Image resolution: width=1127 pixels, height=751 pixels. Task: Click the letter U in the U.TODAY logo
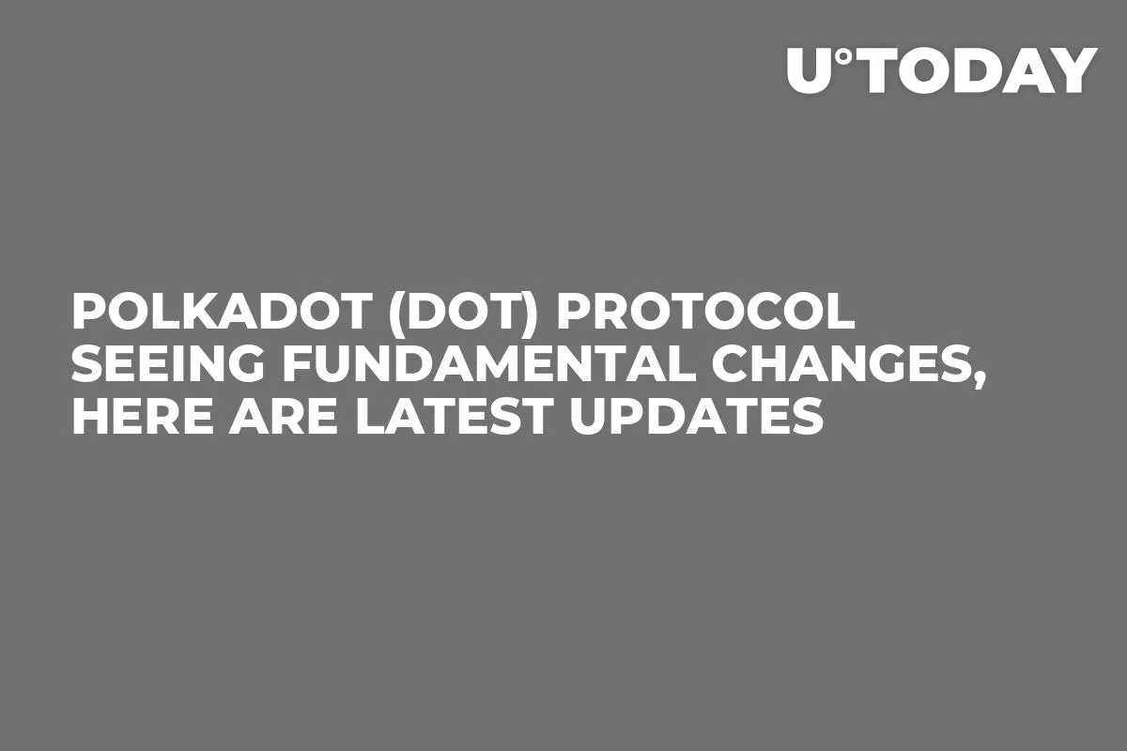(810, 70)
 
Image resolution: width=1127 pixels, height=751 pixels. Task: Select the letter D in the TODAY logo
(975, 70)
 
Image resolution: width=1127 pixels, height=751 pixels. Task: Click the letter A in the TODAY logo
(1028, 70)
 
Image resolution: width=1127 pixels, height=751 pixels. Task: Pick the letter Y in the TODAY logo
(1073, 70)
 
